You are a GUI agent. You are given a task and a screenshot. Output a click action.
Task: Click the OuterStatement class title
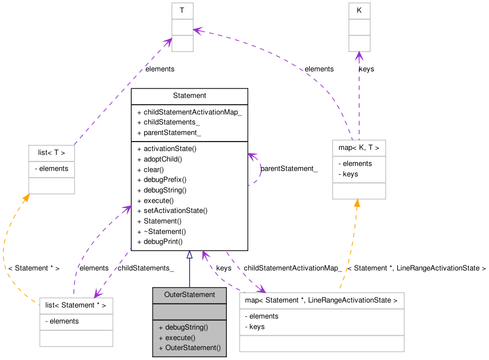coord(189,295)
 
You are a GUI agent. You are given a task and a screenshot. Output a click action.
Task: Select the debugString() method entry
coord(186,327)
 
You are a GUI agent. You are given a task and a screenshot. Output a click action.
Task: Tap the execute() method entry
coord(180,337)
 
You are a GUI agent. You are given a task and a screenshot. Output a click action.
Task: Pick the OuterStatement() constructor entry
coord(193,348)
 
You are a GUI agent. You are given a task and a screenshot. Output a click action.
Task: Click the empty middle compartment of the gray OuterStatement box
coord(189,311)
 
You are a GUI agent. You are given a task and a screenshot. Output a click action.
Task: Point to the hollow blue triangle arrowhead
coord(189,254)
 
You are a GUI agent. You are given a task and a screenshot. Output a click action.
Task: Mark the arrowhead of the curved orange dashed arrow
coord(25,198)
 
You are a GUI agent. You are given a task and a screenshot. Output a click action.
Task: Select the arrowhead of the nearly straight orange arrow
coord(357,203)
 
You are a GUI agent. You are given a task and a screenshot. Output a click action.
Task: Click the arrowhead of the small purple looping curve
coord(252,156)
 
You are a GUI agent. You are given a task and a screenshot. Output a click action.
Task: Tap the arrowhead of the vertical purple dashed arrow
coord(359,55)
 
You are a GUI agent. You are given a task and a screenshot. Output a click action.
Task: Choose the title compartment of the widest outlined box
coord(321,300)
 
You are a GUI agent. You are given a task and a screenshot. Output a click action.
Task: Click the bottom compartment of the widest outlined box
coord(321,343)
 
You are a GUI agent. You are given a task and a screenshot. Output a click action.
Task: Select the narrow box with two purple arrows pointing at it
coord(182,27)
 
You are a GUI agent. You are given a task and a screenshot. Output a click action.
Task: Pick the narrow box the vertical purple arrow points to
coord(359,27)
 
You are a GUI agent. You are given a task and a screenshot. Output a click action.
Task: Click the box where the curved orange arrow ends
coord(51,170)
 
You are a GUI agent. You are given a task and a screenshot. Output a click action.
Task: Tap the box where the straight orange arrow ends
coord(358,169)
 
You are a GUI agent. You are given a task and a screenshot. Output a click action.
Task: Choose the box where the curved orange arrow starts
coord(76,322)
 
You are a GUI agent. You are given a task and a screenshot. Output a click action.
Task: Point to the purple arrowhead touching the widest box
coord(261,289)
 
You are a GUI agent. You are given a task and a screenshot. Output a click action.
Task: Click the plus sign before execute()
coord(160,338)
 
